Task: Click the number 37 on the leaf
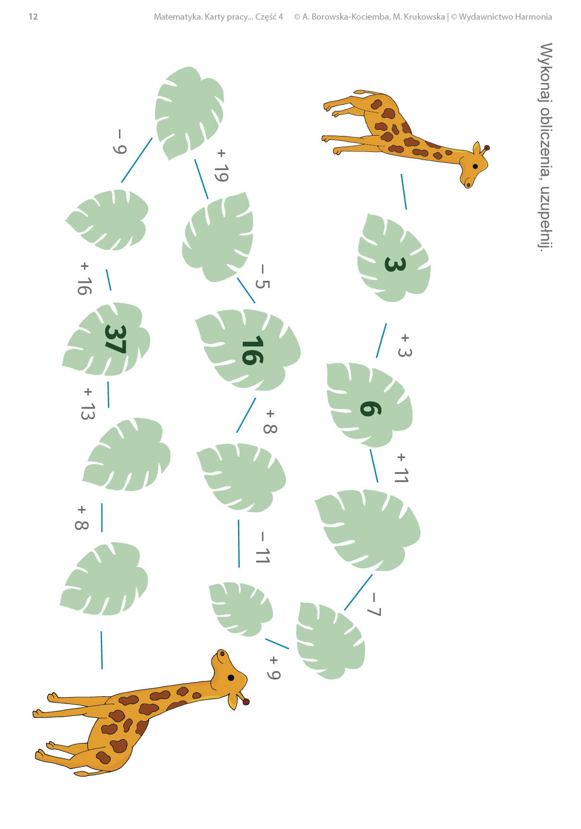[x=115, y=339]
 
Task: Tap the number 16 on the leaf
[x=253, y=350]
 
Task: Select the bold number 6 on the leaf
[x=371, y=409]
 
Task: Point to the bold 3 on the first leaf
[x=395, y=264]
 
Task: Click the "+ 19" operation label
[x=221, y=166]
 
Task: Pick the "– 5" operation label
[x=262, y=277]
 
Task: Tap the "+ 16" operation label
[x=84, y=278]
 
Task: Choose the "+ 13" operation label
[x=87, y=404]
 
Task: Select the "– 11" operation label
[x=262, y=548]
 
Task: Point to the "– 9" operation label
[x=119, y=142]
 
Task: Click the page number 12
[x=33, y=17]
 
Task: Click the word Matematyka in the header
[x=178, y=17]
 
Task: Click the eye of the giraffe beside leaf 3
[x=475, y=166]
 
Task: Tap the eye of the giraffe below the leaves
[x=231, y=678]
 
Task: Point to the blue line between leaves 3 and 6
[x=381, y=340]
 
